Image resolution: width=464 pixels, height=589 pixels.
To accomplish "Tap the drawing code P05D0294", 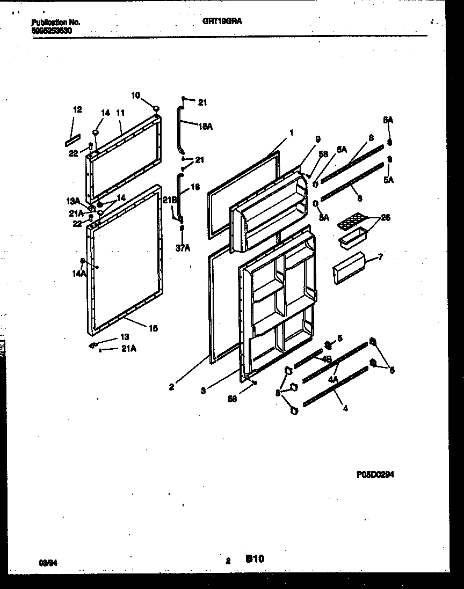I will tap(375, 475).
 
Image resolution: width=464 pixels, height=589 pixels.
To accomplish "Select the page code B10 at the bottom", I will tap(255, 559).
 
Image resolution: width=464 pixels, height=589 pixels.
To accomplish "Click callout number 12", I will tap(77, 109).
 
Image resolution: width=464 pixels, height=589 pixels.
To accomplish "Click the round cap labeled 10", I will tap(156, 108).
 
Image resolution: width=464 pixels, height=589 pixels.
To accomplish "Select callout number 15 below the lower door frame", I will tap(154, 328).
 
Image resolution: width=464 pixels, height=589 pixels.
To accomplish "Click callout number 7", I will tap(380, 257).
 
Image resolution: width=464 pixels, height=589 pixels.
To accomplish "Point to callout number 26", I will tap(385, 218).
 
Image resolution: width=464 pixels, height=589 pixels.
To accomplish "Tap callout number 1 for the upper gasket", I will tap(291, 132).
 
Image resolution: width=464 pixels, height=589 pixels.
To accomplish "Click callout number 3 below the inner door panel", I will tap(203, 391).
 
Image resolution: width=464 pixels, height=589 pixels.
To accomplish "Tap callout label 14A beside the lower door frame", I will tap(78, 273).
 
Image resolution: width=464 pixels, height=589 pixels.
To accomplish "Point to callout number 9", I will tap(318, 139).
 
